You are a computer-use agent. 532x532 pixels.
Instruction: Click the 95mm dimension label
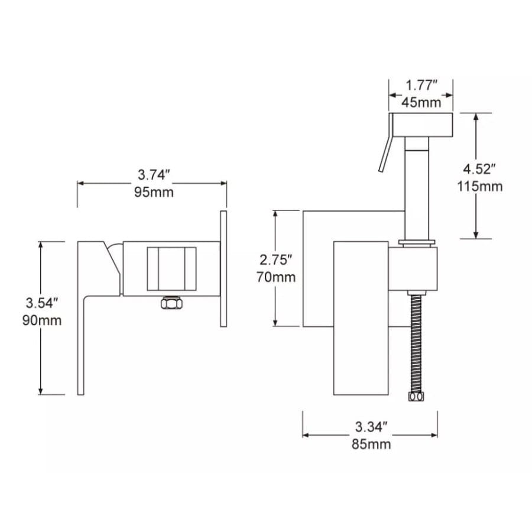coord(154,192)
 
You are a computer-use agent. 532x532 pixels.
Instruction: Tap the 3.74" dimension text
coord(153,175)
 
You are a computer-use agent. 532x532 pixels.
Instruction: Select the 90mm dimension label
coord(42,320)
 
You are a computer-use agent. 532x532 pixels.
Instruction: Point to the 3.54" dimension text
coord(42,303)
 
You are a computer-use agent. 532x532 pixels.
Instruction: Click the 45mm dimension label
coord(421,102)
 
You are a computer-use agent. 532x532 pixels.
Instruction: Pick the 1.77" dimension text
coord(421,85)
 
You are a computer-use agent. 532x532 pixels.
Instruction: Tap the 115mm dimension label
coord(480,186)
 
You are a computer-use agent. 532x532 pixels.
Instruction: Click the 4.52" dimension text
coord(479,169)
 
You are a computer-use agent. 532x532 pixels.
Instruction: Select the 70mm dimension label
coord(276,277)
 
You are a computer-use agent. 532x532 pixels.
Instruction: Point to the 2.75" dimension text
coord(275,260)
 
